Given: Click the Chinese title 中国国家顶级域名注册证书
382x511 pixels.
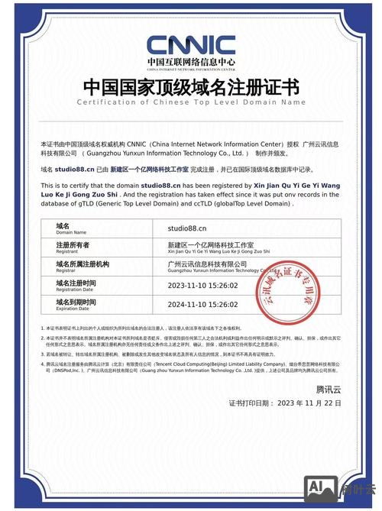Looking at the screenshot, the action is coord(190,85).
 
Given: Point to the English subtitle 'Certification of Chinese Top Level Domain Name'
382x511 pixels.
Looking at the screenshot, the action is coord(190,102).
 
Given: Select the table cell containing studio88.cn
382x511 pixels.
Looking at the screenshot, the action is coord(187,228).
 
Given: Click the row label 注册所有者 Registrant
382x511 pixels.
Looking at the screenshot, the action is coord(73,247).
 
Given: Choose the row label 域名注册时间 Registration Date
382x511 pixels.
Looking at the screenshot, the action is coord(76,285).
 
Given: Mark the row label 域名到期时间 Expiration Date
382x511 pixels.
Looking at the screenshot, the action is coord(76,304).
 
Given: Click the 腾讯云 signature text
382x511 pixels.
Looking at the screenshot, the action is coord(329,390).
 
